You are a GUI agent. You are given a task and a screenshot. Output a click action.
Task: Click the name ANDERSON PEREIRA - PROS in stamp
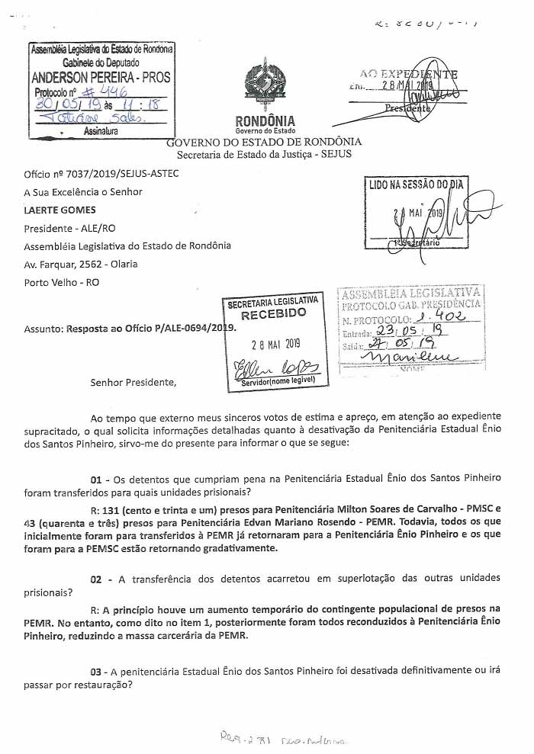[101, 77]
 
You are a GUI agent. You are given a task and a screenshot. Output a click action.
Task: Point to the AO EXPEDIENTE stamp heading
[409, 75]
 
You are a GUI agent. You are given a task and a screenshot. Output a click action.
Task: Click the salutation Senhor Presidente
[133, 382]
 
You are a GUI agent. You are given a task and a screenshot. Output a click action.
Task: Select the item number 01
[96, 479]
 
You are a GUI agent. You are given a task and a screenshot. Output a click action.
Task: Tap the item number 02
[96, 579]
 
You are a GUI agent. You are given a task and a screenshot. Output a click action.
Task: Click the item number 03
[96, 672]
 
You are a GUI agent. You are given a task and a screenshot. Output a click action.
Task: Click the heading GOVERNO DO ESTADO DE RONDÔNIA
[264, 142]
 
